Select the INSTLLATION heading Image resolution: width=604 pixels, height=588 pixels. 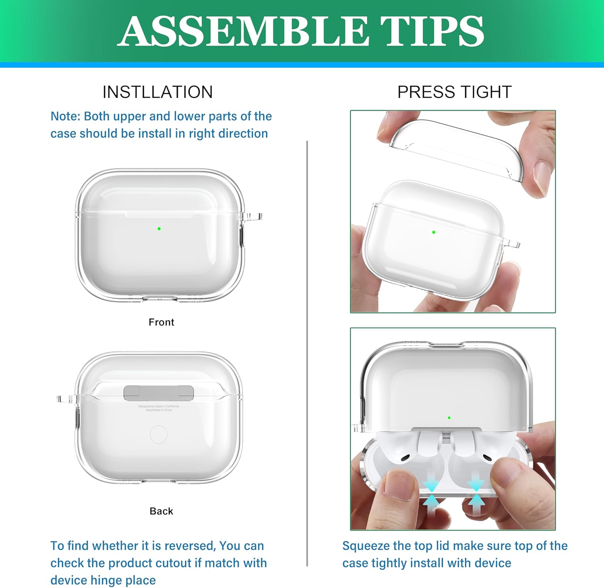click(x=157, y=92)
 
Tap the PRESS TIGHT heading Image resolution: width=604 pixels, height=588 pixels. click(x=454, y=92)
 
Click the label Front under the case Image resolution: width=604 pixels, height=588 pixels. click(x=161, y=322)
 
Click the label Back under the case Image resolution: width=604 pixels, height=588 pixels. click(x=161, y=511)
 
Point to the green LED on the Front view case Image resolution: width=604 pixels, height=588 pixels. click(x=159, y=229)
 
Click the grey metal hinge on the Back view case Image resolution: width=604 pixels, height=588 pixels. click(x=159, y=393)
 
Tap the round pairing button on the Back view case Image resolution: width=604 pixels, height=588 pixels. click(x=159, y=435)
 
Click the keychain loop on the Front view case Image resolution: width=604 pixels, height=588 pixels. click(x=253, y=217)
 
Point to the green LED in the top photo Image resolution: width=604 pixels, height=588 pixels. click(x=434, y=232)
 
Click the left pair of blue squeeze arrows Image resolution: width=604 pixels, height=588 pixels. click(x=431, y=493)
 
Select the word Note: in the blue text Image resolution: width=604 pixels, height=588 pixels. click(x=65, y=116)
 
